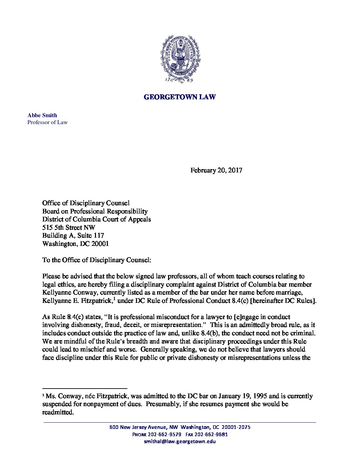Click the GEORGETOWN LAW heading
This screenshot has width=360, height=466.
[x=180, y=97]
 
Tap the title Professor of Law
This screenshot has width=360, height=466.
[x=47, y=122]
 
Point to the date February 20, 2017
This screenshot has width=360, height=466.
[x=216, y=170]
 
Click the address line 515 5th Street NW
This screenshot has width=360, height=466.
[x=69, y=227]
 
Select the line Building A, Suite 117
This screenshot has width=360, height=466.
[x=73, y=236]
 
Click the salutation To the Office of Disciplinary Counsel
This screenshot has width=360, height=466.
[x=97, y=260]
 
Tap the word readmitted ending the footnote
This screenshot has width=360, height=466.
[x=58, y=412]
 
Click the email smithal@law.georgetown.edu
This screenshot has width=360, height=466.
[x=180, y=442]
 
